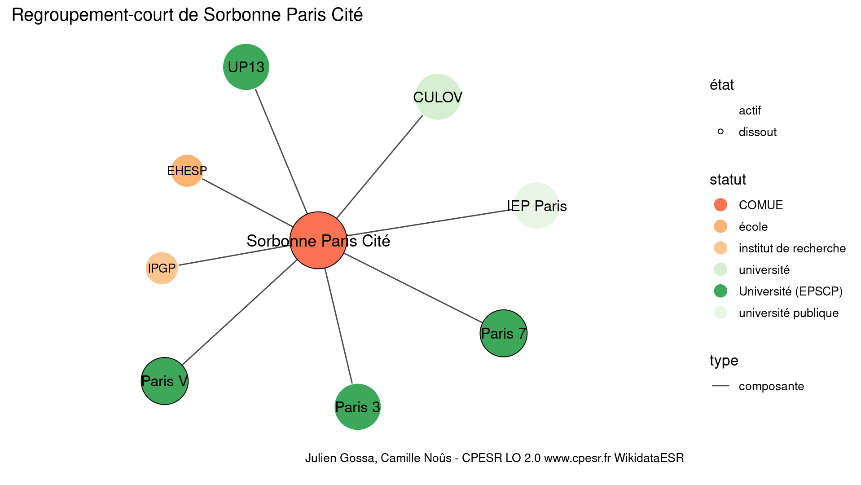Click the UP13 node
click(x=246, y=67)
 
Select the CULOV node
click(x=438, y=97)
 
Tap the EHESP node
click(x=187, y=171)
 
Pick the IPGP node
click(x=162, y=268)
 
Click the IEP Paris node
click(x=536, y=206)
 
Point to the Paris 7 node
click(x=503, y=333)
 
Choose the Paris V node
click(x=165, y=381)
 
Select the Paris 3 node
click(x=357, y=407)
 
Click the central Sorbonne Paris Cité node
click(x=318, y=240)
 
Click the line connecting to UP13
click(x=281, y=151)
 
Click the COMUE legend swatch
click(x=720, y=205)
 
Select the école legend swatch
click(x=720, y=226)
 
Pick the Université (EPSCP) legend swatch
click(x=720, y=291)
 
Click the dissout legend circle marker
click(x=720, y=132)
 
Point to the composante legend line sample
click(x=720, y=386)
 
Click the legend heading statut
click(x=728, y=180)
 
